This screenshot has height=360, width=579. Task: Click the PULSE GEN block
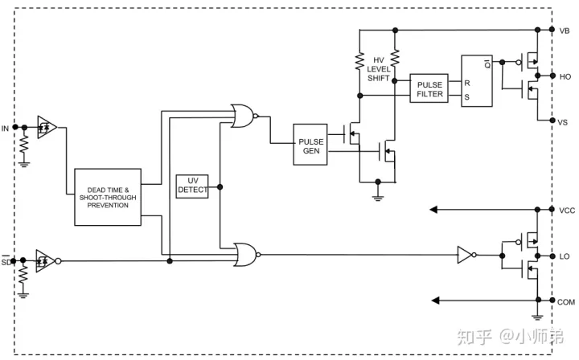(x=310, y=145)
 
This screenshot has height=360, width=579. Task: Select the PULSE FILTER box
(x=429, y=88)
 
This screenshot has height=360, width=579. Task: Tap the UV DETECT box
(x=192, y=186)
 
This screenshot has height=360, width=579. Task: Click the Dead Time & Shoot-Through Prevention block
(x=108, y=198)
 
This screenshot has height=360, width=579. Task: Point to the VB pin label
(x=565, y=31)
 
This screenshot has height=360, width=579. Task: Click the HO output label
(x=565, y=76)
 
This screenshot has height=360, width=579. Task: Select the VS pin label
(x=563, y=122)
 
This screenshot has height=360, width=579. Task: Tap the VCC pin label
(x=567, y=211)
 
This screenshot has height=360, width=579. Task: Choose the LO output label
(x=565, y=256)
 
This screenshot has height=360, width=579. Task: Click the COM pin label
(x=566, y=302)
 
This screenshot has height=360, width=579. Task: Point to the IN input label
(x=5, y=129)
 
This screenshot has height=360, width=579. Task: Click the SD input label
(x=6, y=261)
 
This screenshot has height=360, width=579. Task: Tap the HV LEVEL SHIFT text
(x=378, y=69)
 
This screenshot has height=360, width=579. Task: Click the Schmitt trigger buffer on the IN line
(x=47, y=128)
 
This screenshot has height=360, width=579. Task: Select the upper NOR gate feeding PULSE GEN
(x=244, y=116)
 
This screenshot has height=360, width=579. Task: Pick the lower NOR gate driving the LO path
(x=247, y=255)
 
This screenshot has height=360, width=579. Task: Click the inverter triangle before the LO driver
(x=466, y=255)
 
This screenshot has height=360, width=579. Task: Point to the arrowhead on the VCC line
(x=434, y=210)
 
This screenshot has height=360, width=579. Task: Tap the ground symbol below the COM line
(x=537, y=317)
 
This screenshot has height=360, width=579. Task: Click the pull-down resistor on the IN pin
(x=24, y=144)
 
